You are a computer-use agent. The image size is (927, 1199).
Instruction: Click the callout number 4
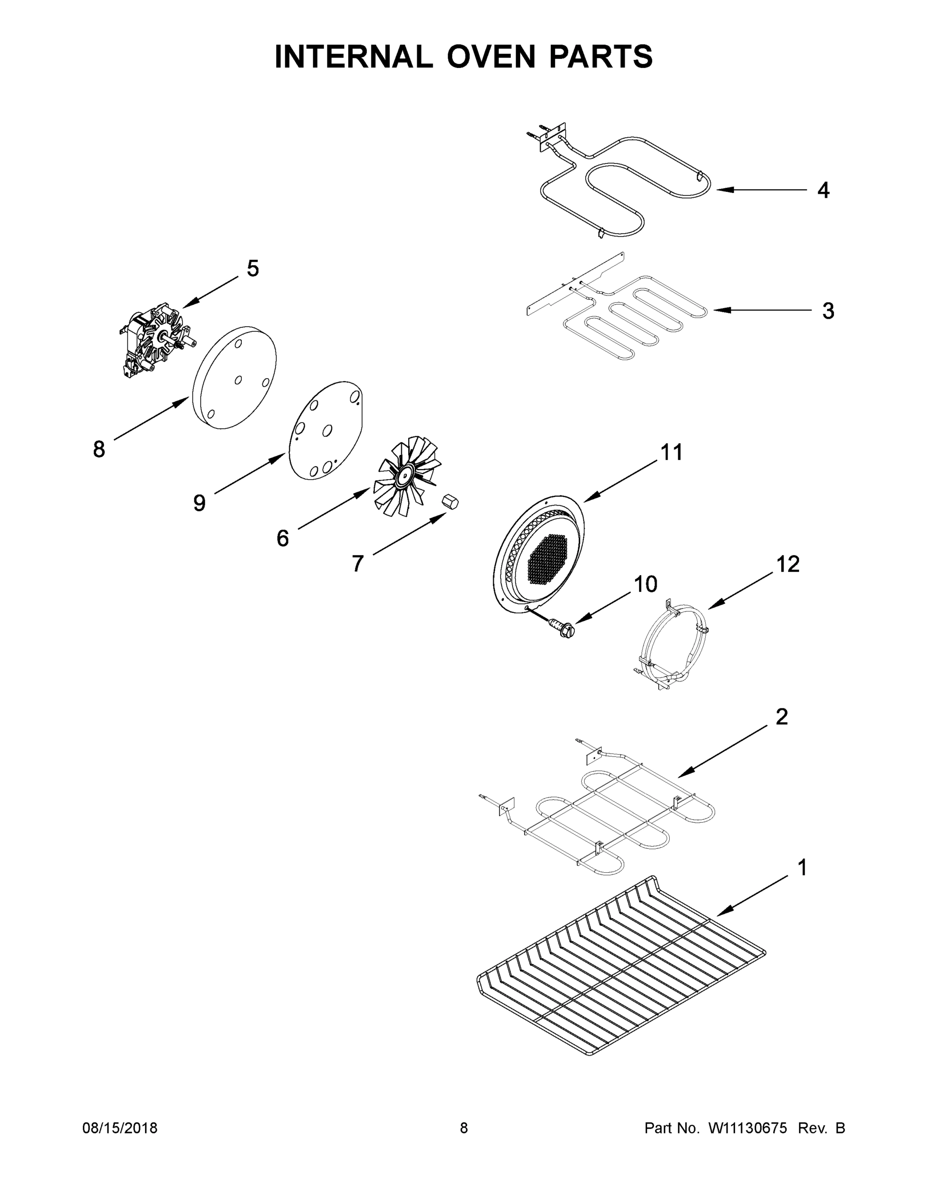tap(823, 190)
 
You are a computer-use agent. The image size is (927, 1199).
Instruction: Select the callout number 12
tap(788, 565)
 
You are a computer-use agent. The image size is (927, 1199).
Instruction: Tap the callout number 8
tap(99, 449)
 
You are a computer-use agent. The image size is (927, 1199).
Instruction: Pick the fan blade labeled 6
tap(406, 475)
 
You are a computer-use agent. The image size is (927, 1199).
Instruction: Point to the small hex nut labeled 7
tap(450, 501)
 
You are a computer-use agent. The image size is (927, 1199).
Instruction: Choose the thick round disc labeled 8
tap(235, 378)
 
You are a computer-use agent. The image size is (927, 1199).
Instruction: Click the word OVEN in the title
tap(490, 56)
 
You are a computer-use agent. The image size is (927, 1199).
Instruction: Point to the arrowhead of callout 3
tap(720, 310)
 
